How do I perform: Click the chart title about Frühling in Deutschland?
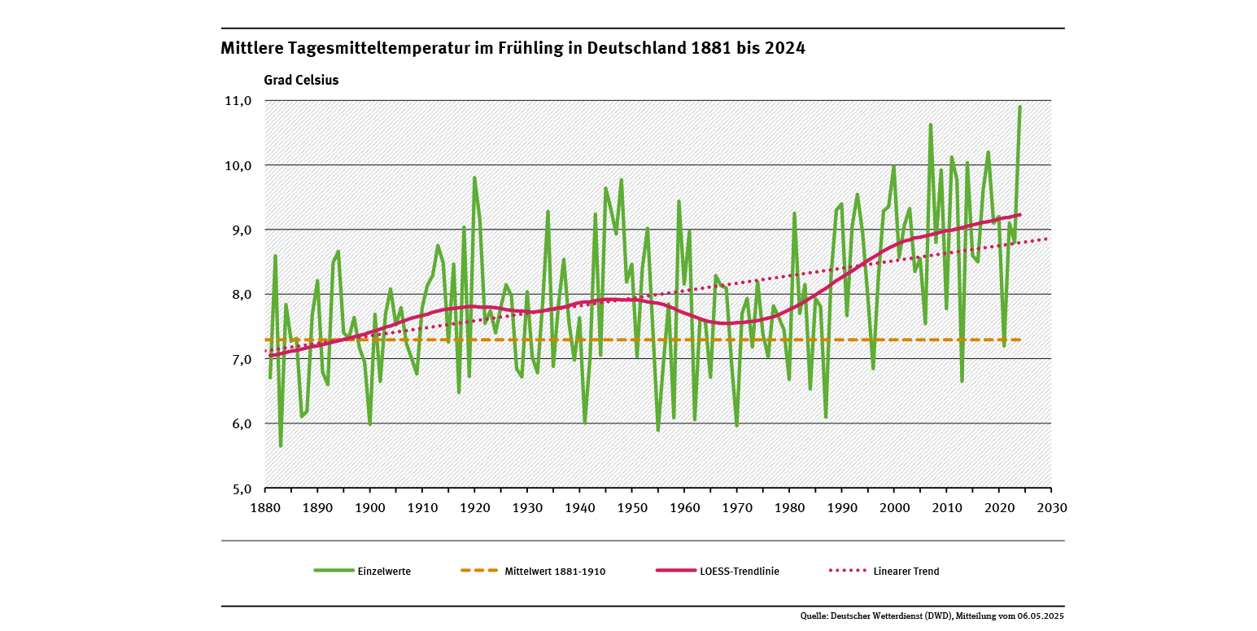tap(513, 49)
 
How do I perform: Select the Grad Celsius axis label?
tap(300, 81)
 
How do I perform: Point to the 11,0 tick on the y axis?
tap(242, 101)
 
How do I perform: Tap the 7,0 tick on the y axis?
tap(242, 359)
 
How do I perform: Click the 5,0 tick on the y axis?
tap(242, 489)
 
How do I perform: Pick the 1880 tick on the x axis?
tap(265, 506)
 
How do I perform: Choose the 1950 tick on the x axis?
tap(632, 506)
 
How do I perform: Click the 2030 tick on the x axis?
tap(1051, 506)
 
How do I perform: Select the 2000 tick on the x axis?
tap(894, 506)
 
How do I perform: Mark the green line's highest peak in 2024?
tap(1019, 107)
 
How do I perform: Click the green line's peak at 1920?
tap(474, 177)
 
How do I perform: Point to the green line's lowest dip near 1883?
tap(281, 446)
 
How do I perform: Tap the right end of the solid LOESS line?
tap(1019, 215)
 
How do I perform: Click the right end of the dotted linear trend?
tap(1050, 238)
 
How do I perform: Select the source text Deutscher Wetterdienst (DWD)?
tap(891, 616)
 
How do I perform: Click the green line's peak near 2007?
tap(931, 125)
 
